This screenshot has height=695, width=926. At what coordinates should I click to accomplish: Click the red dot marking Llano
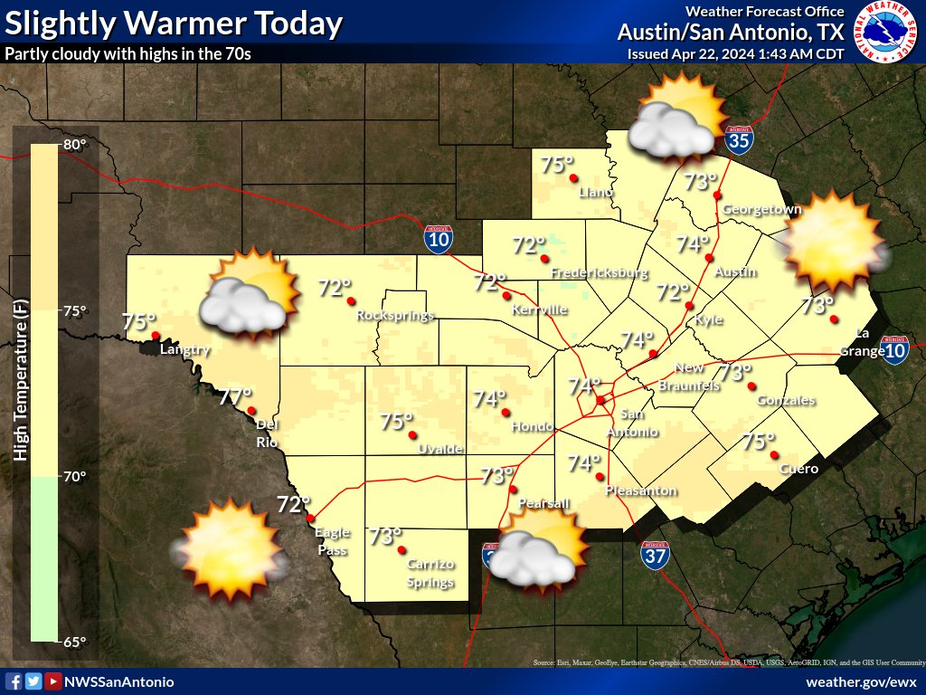[x=572, y=177]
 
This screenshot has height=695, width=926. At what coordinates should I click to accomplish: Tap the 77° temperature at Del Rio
[x=235, y=396]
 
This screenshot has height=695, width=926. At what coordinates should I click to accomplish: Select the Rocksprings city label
[x=395, y=316]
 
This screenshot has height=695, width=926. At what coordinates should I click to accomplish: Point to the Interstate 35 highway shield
[x=739, y=139]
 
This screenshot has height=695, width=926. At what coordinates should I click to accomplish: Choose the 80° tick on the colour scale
[x=74, y=145]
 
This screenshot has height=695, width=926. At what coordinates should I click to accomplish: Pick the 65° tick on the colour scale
[x=74, y=642]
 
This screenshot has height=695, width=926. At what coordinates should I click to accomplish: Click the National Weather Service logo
[x=885, y=32]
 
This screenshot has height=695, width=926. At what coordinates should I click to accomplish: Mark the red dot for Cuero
[x=775, y=455]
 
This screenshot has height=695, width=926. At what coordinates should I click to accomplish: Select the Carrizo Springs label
[x=430, y=573]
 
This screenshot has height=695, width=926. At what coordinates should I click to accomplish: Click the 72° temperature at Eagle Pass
[x=294, y=504]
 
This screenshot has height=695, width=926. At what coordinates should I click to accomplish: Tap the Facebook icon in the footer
[x=14, y=681]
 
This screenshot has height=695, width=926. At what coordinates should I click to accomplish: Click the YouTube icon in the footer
[x=53, y=681]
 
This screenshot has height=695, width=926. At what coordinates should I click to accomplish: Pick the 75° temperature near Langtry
[x=139, y=322]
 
